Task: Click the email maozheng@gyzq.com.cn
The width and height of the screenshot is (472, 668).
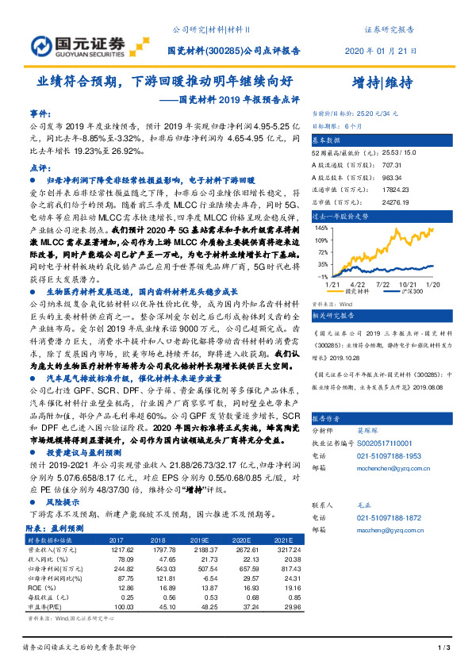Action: point(384,528)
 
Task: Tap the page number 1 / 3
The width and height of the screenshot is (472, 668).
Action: point(443,649)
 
